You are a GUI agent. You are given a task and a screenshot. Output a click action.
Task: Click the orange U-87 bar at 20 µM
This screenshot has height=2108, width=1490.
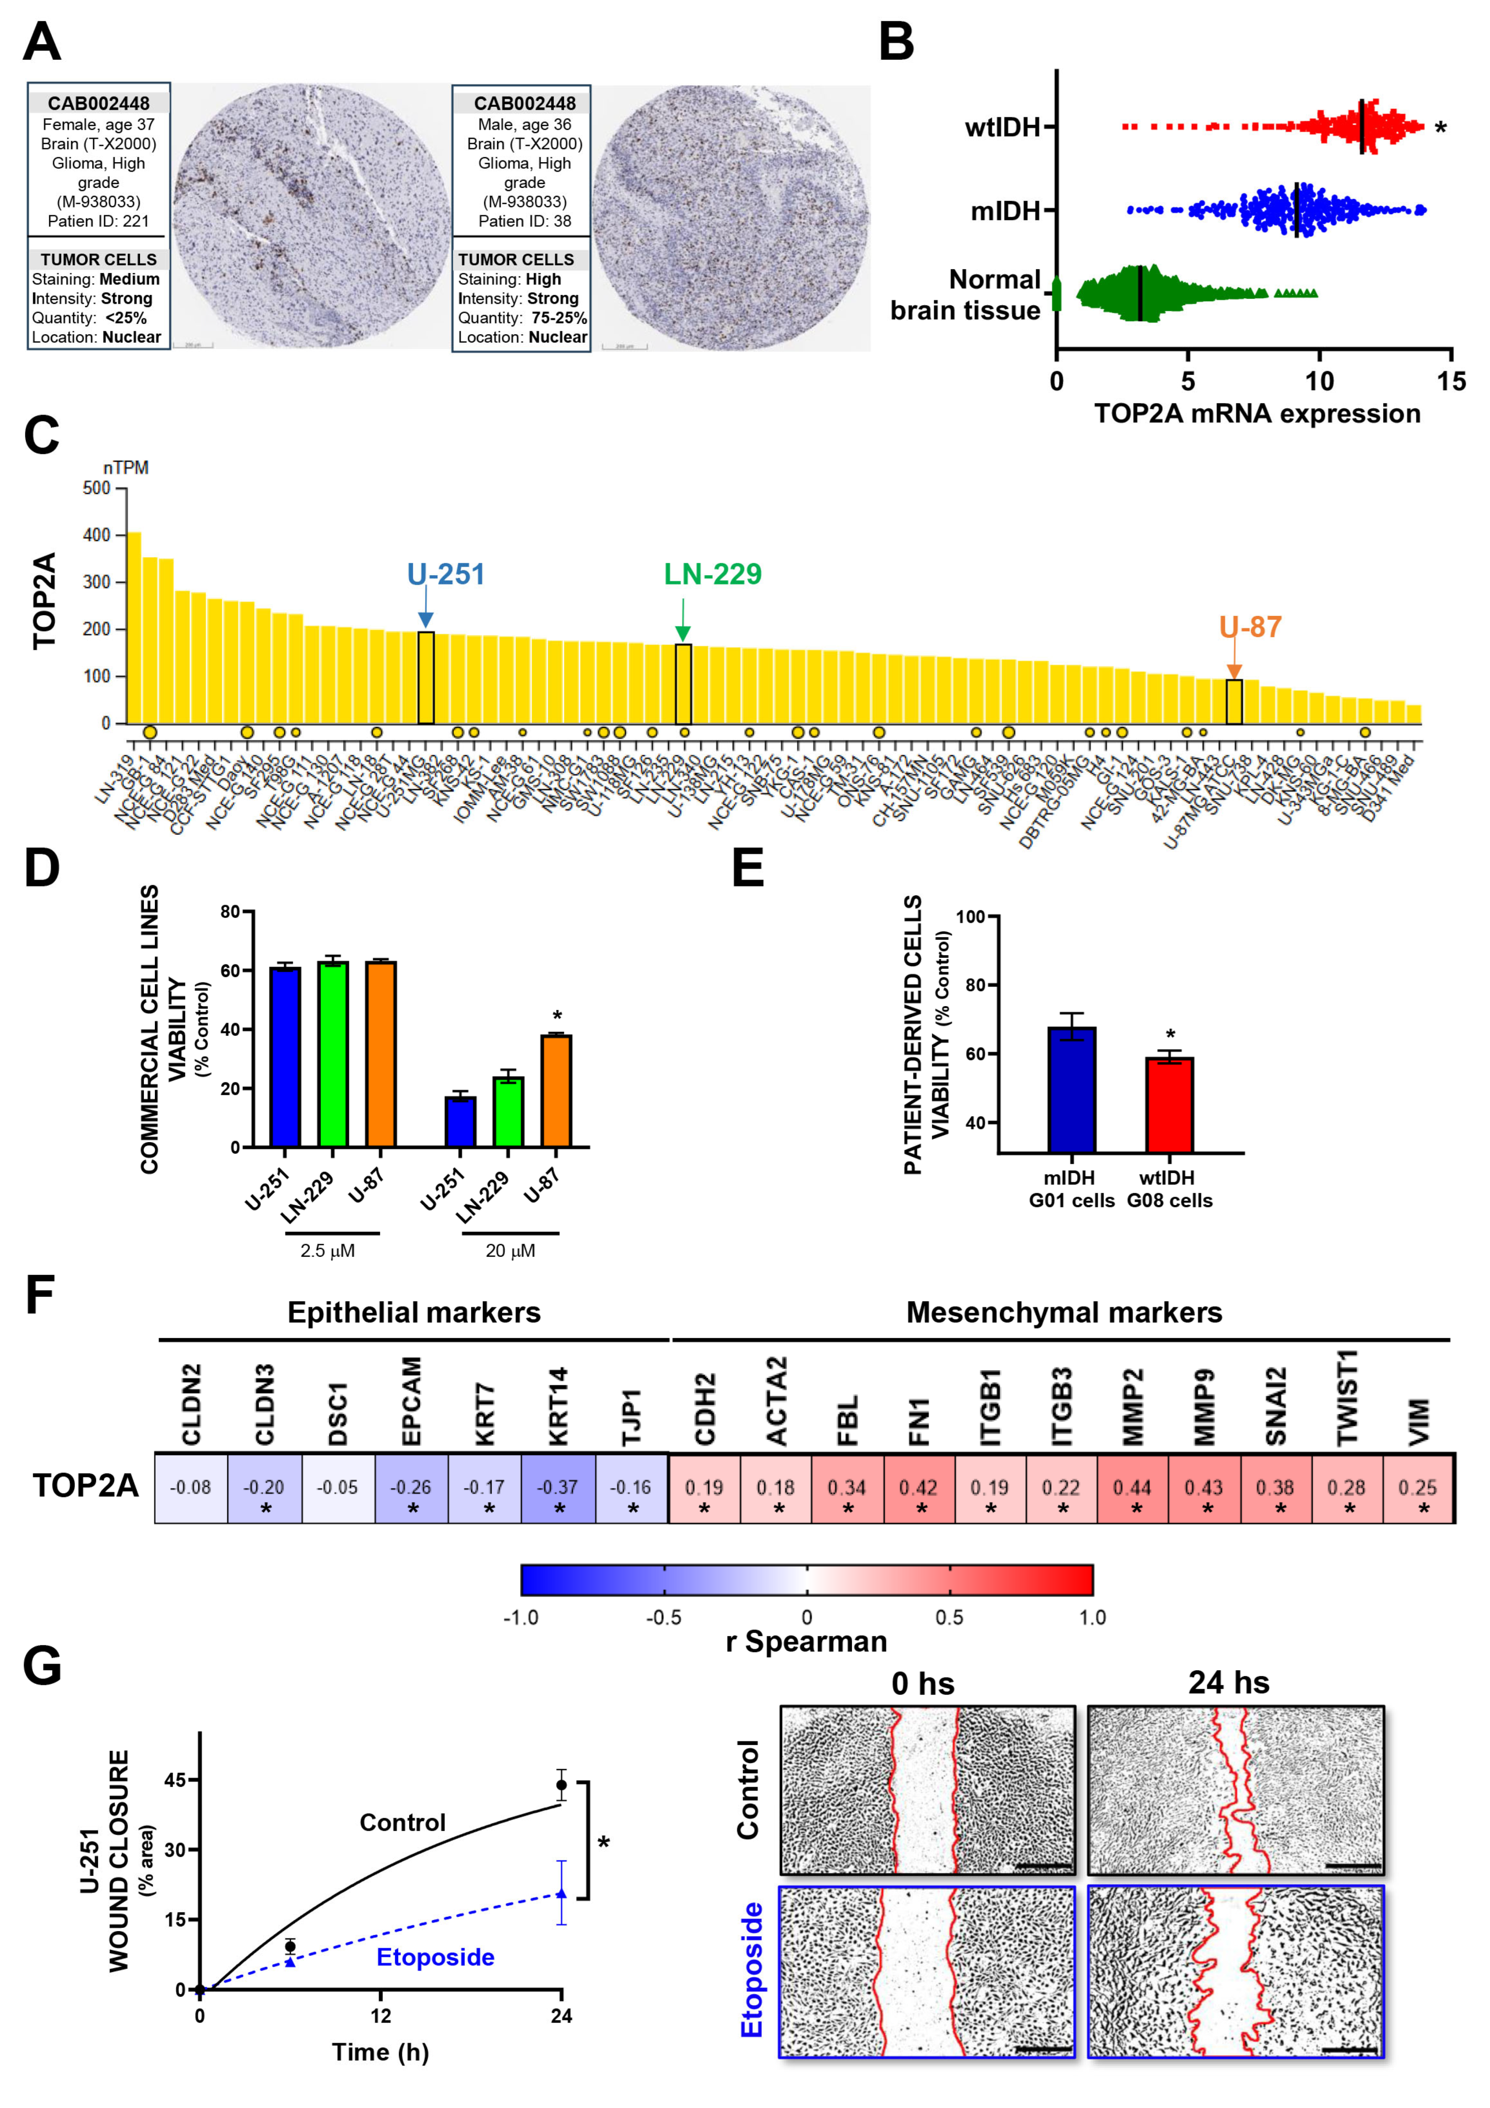556,1091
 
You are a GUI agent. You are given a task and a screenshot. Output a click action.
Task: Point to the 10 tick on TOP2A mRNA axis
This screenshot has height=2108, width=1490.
1319,381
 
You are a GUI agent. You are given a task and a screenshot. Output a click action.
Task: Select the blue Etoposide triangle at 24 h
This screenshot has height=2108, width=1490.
561,1893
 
